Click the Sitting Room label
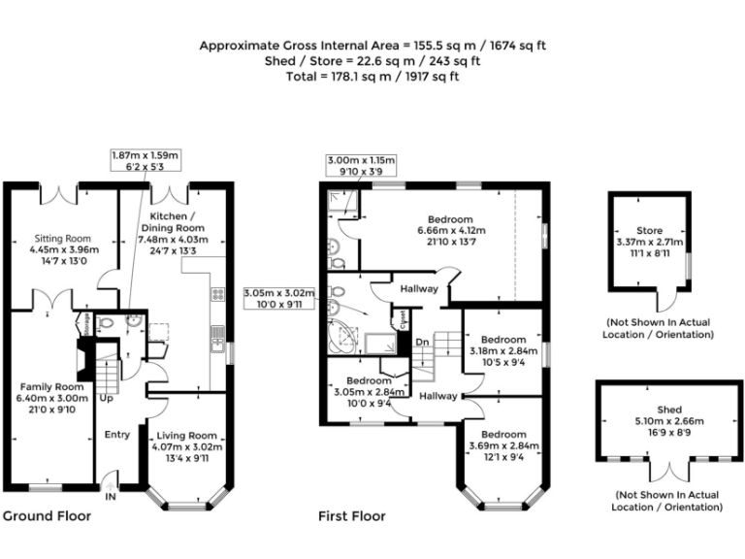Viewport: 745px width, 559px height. pos(62,238)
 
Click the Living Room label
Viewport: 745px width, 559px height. pos(186,436)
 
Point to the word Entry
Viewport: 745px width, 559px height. pos(116,434)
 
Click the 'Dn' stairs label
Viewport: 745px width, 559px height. pos(421,342)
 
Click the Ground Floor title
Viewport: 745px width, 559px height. pos(47,516)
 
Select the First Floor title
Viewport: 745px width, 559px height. pos(352,516)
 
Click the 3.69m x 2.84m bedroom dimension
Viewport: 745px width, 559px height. pos(503,446)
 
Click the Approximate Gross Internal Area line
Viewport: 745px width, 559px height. pos(372,46)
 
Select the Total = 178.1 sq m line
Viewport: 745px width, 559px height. pos(372,76)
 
